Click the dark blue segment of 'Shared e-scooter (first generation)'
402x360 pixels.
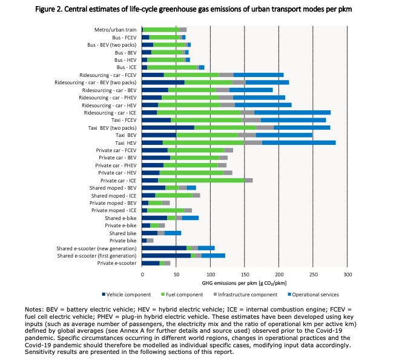click(166, 256)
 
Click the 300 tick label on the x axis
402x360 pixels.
click(348, 274)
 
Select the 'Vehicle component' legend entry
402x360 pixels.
click(128, 295)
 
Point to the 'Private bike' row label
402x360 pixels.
click(124, 241)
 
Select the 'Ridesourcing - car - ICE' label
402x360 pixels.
click(111, 112)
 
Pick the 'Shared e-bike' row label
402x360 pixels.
click(121, 218)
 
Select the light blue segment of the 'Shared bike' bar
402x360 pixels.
click(173, 233)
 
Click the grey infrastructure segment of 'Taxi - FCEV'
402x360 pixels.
click(251, 120)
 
